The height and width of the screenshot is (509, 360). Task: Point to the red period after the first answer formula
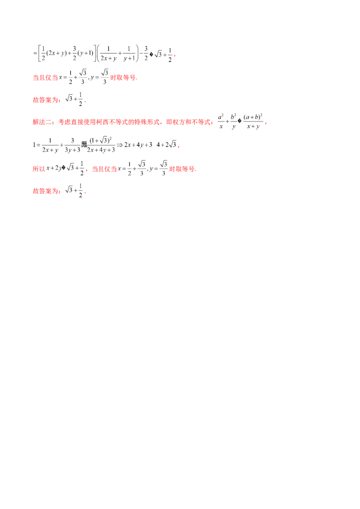[x=85, y=102]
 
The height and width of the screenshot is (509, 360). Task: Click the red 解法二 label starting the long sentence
[x=39, y=122]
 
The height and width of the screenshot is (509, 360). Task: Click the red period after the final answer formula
[x=85, y=192]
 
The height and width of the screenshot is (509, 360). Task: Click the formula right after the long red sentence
[x=240, y=121]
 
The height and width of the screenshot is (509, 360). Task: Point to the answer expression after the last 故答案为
[x=73, y=191]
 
